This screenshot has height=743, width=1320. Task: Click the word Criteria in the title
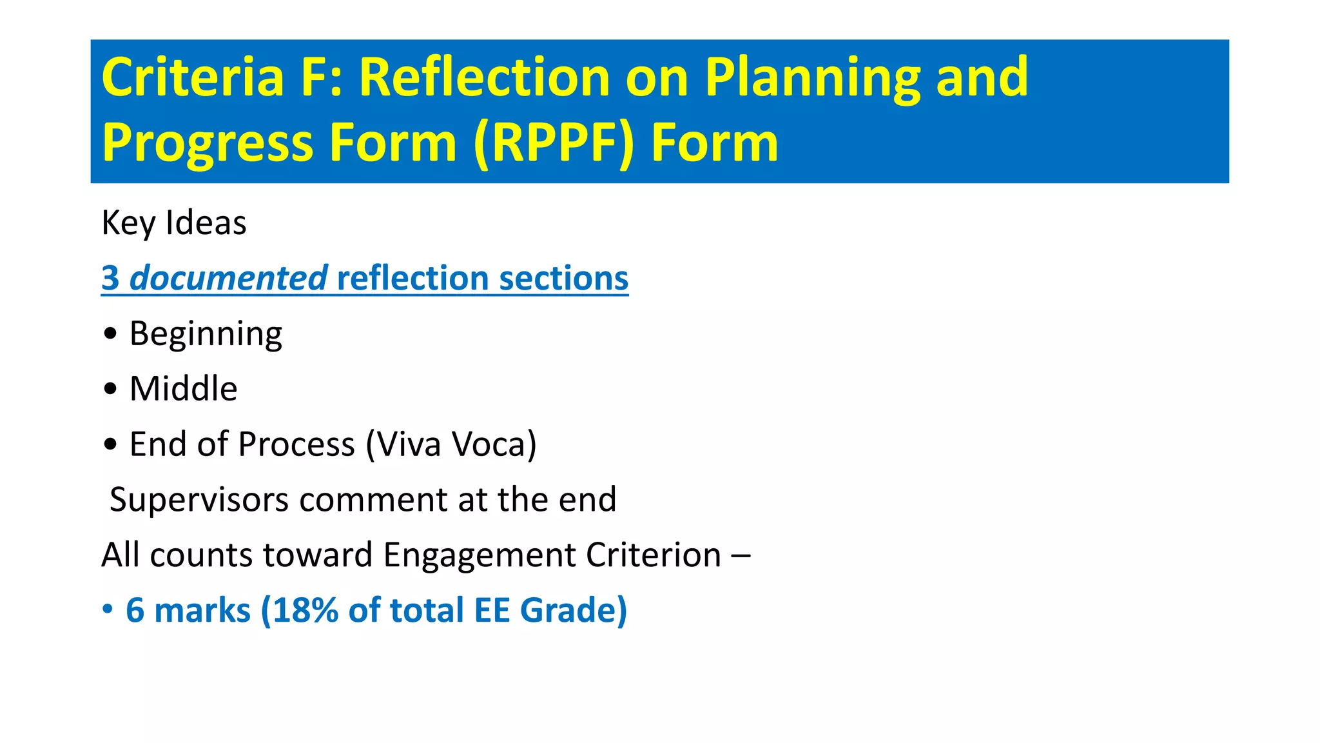click(x=193, y=77)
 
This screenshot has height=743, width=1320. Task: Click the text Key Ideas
click(x=174, y=223)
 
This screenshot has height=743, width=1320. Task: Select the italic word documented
click(x=229, y=279)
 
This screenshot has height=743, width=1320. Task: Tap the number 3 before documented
click(x=110, y=279)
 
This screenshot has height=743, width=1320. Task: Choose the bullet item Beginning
click(x=206, y=334)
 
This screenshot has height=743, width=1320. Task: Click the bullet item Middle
click(x=183, y=389)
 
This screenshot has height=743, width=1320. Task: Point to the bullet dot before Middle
click(x=111, y=390)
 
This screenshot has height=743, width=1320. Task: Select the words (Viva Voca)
click(x=451, y=444)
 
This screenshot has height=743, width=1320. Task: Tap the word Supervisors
click(x=199, y=500)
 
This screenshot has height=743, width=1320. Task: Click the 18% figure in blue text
click(x=305, y=610)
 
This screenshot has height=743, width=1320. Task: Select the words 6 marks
click(x=188, y=610)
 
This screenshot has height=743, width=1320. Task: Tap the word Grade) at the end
click(x=573, y=610)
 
